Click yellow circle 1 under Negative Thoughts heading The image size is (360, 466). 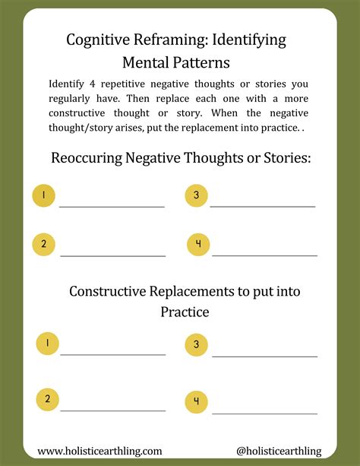[x=44, y=196]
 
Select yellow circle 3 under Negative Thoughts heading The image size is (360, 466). [x=196, y=195]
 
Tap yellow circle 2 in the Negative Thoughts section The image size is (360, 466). [x=44, y=244]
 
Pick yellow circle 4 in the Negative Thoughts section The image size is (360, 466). [x=197, y=244]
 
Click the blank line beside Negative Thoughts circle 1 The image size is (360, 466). [x=112, y=206]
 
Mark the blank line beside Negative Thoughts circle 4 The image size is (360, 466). [x=264, y=255]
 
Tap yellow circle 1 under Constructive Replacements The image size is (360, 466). [x=47, y=344]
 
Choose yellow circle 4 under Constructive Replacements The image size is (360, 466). [x=197, y=401]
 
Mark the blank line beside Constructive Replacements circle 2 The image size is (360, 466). [x=112, y=411]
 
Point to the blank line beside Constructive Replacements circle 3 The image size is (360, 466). [x=264, y=356]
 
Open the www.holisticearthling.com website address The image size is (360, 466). [x=99, y=451]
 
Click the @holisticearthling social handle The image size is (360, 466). [x=279, y=451]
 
